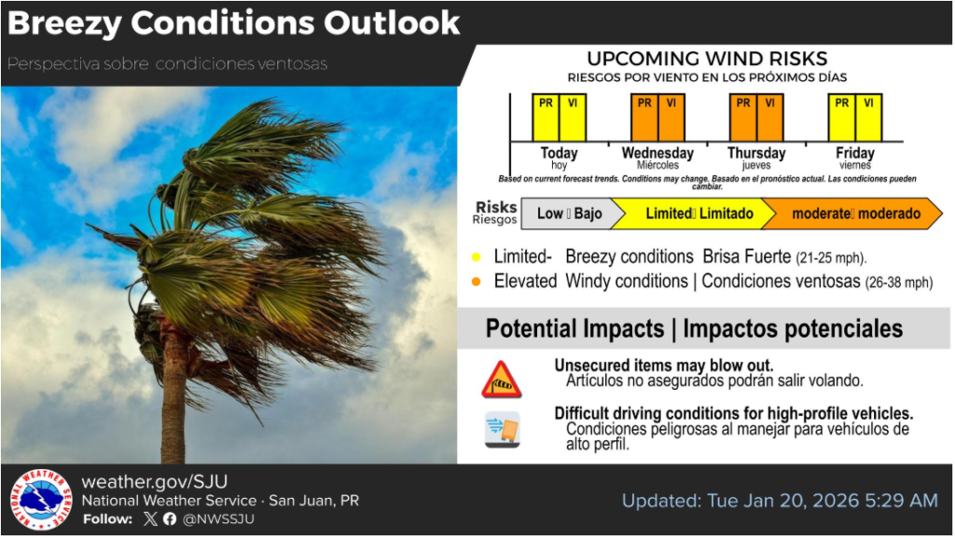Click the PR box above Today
[x=546, y=117]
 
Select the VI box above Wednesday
[x=671, y=117]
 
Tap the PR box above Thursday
[x=743, y=117]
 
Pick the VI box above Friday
[x=868, y=117]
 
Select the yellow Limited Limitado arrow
[x=693, y=214]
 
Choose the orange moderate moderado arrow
[x=852, y=214]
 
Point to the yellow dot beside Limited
[x=477, y=256]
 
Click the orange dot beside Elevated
[x=477, y=282]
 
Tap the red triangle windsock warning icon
[x=501, y=379]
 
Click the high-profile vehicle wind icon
[x=503, y=430]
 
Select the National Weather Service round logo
[x=41, y=500]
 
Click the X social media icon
[x=150, y=519]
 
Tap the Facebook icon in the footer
[x=170, y=519]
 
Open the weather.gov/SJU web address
[x=155, y=482]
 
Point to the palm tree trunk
[x=173, y=395]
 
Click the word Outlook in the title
[x=392, y=23]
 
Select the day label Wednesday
[x=657, y=153]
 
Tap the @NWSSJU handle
[x=218, y=519]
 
